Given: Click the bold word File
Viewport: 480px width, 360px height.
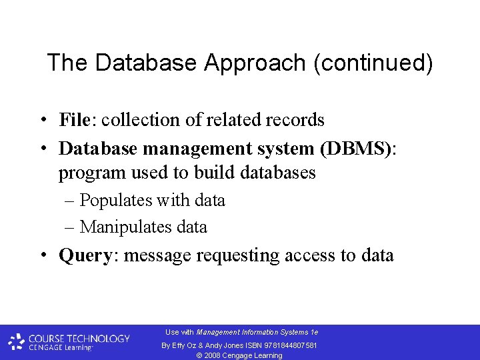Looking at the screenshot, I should click(x=74, y=120).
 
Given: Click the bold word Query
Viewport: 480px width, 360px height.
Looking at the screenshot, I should click(x=85, y=255).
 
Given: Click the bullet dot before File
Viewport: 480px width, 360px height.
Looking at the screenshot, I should click(x=42, y=121).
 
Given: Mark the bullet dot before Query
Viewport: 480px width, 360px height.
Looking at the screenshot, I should click(x=42, y=255).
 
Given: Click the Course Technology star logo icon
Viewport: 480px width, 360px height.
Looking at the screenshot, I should click(x=17, y=343).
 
